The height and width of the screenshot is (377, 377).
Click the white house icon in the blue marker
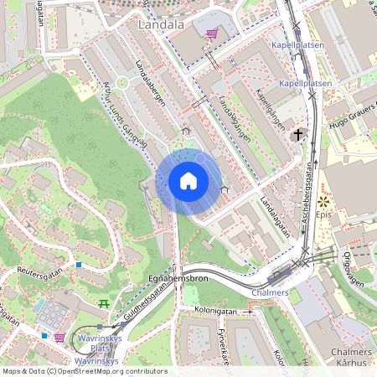[x=188, y=181]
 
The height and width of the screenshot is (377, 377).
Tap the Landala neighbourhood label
[x=161, y=26]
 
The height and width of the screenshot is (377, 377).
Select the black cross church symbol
[x=297, y=135]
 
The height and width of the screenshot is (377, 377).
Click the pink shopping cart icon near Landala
[x=213, y=34]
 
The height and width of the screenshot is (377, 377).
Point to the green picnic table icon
[x=104, y=303]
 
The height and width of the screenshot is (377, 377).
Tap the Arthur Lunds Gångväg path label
[x=124, y=114]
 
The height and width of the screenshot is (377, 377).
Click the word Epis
[x=324, y=215]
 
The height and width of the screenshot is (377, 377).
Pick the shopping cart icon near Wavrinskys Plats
[x=59, y=338]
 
